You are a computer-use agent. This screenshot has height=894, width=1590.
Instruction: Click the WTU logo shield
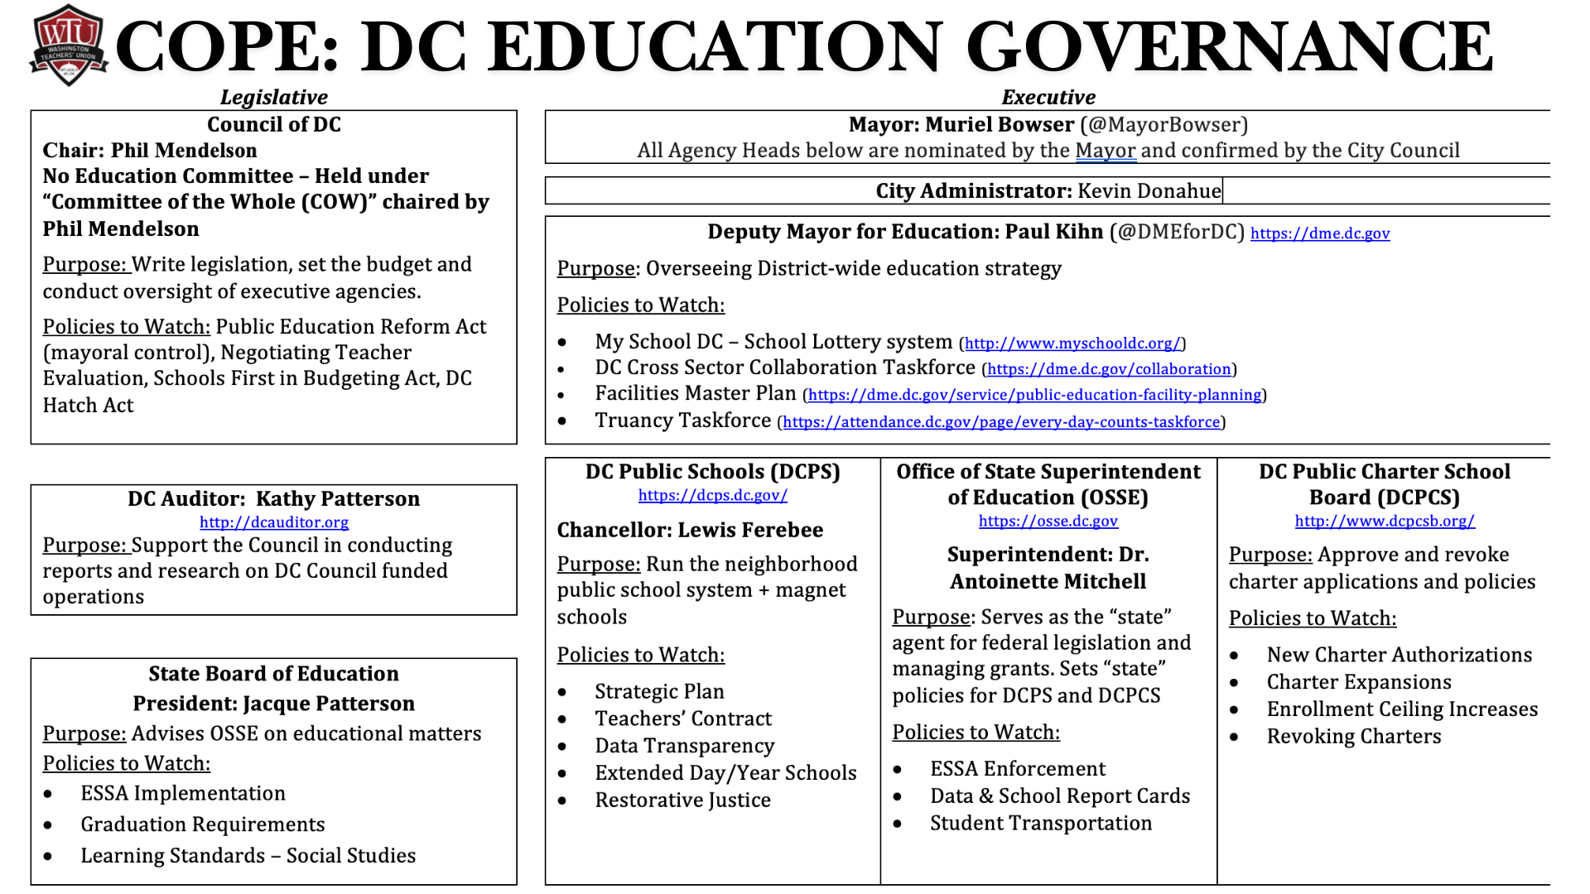tap(69, 46)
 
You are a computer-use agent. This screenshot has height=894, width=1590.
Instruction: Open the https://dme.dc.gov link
tap(1319, 233)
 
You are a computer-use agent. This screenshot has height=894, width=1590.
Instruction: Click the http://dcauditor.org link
tap(274, 522)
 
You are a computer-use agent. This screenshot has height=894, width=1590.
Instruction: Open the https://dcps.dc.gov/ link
tap(712, 495)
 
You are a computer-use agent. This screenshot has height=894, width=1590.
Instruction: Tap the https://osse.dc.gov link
tap(1048, 521)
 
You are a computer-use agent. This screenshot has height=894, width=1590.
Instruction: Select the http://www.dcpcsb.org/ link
tap(1385, 521)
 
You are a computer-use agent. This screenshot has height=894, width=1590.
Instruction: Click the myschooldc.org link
tap(1072, 344)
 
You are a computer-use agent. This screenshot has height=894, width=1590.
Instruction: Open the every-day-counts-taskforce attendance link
tap(1001, 422)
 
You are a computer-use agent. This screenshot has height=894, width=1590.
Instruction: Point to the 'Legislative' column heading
tap(273, 98)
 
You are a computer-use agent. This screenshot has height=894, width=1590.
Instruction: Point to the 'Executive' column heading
tap(1048, 98)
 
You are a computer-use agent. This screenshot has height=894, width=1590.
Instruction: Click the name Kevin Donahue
tap(1149, 191)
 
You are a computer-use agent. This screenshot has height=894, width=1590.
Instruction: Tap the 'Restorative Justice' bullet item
tap(682, 800)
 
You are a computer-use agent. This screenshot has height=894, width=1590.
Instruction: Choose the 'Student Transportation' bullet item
tap(1040, 824)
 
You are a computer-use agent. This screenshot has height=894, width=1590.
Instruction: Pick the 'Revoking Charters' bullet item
tap(1353, 737)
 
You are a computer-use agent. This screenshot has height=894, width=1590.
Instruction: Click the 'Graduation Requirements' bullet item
tap(202, 824)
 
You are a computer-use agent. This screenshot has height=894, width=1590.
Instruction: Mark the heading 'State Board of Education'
tap(273, 674)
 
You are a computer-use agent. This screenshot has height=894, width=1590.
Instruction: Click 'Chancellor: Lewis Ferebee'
tap(690, 530)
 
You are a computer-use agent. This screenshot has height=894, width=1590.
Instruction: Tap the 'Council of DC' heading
tap(273, 125)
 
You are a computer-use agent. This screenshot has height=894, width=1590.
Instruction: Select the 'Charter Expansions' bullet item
tap(1358, 682)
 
